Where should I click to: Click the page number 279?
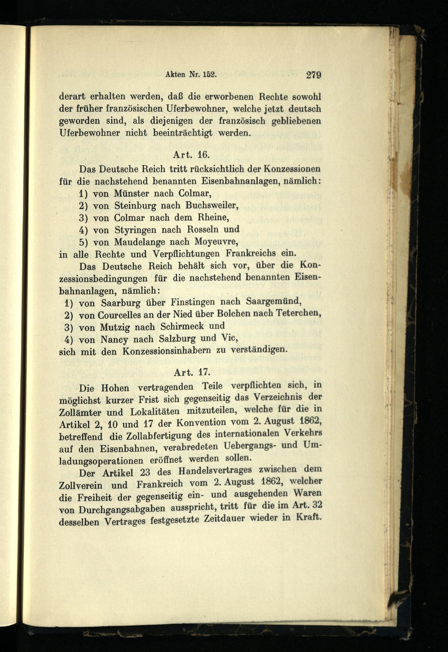(x=314, y=75)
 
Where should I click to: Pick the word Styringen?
(x=136, y=230)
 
